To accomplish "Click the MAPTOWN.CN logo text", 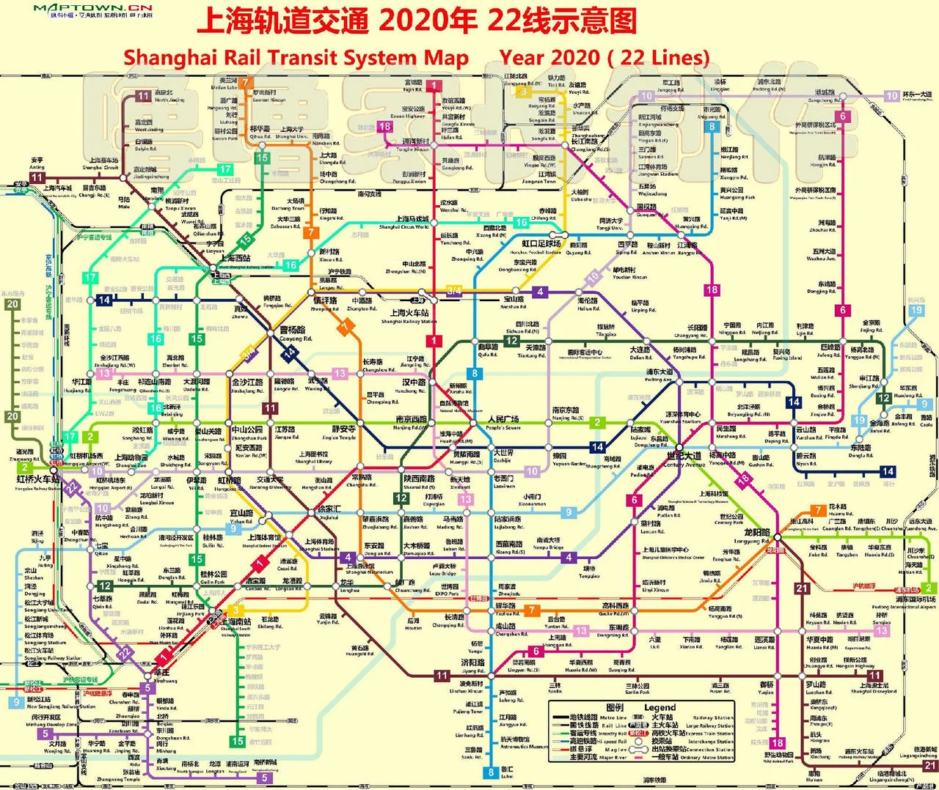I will (x=93, y=8).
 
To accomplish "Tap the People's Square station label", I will (x=503, y=423).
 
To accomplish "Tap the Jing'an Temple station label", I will (x=343, y=432).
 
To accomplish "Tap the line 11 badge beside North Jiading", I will (x=143, y=96).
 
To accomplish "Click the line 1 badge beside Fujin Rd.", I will (x=434, y=86).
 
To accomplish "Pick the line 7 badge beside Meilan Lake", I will (x=246, y=83).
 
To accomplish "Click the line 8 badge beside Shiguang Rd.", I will (x=711, y=126).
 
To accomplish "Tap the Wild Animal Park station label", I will (x=778, y=757).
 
